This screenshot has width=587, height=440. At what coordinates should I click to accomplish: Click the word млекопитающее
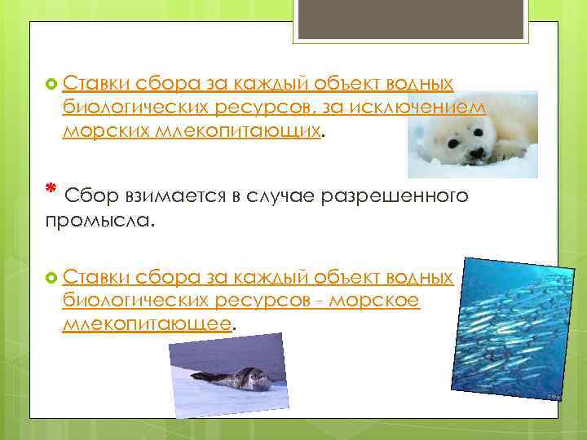pyautogui.click(x=147, y=325)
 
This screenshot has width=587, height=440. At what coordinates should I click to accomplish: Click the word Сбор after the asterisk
pyautogui.click(x=92, y=196)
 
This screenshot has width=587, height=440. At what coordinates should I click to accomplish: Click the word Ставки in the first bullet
pyautogui.click(x=92, y=83)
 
